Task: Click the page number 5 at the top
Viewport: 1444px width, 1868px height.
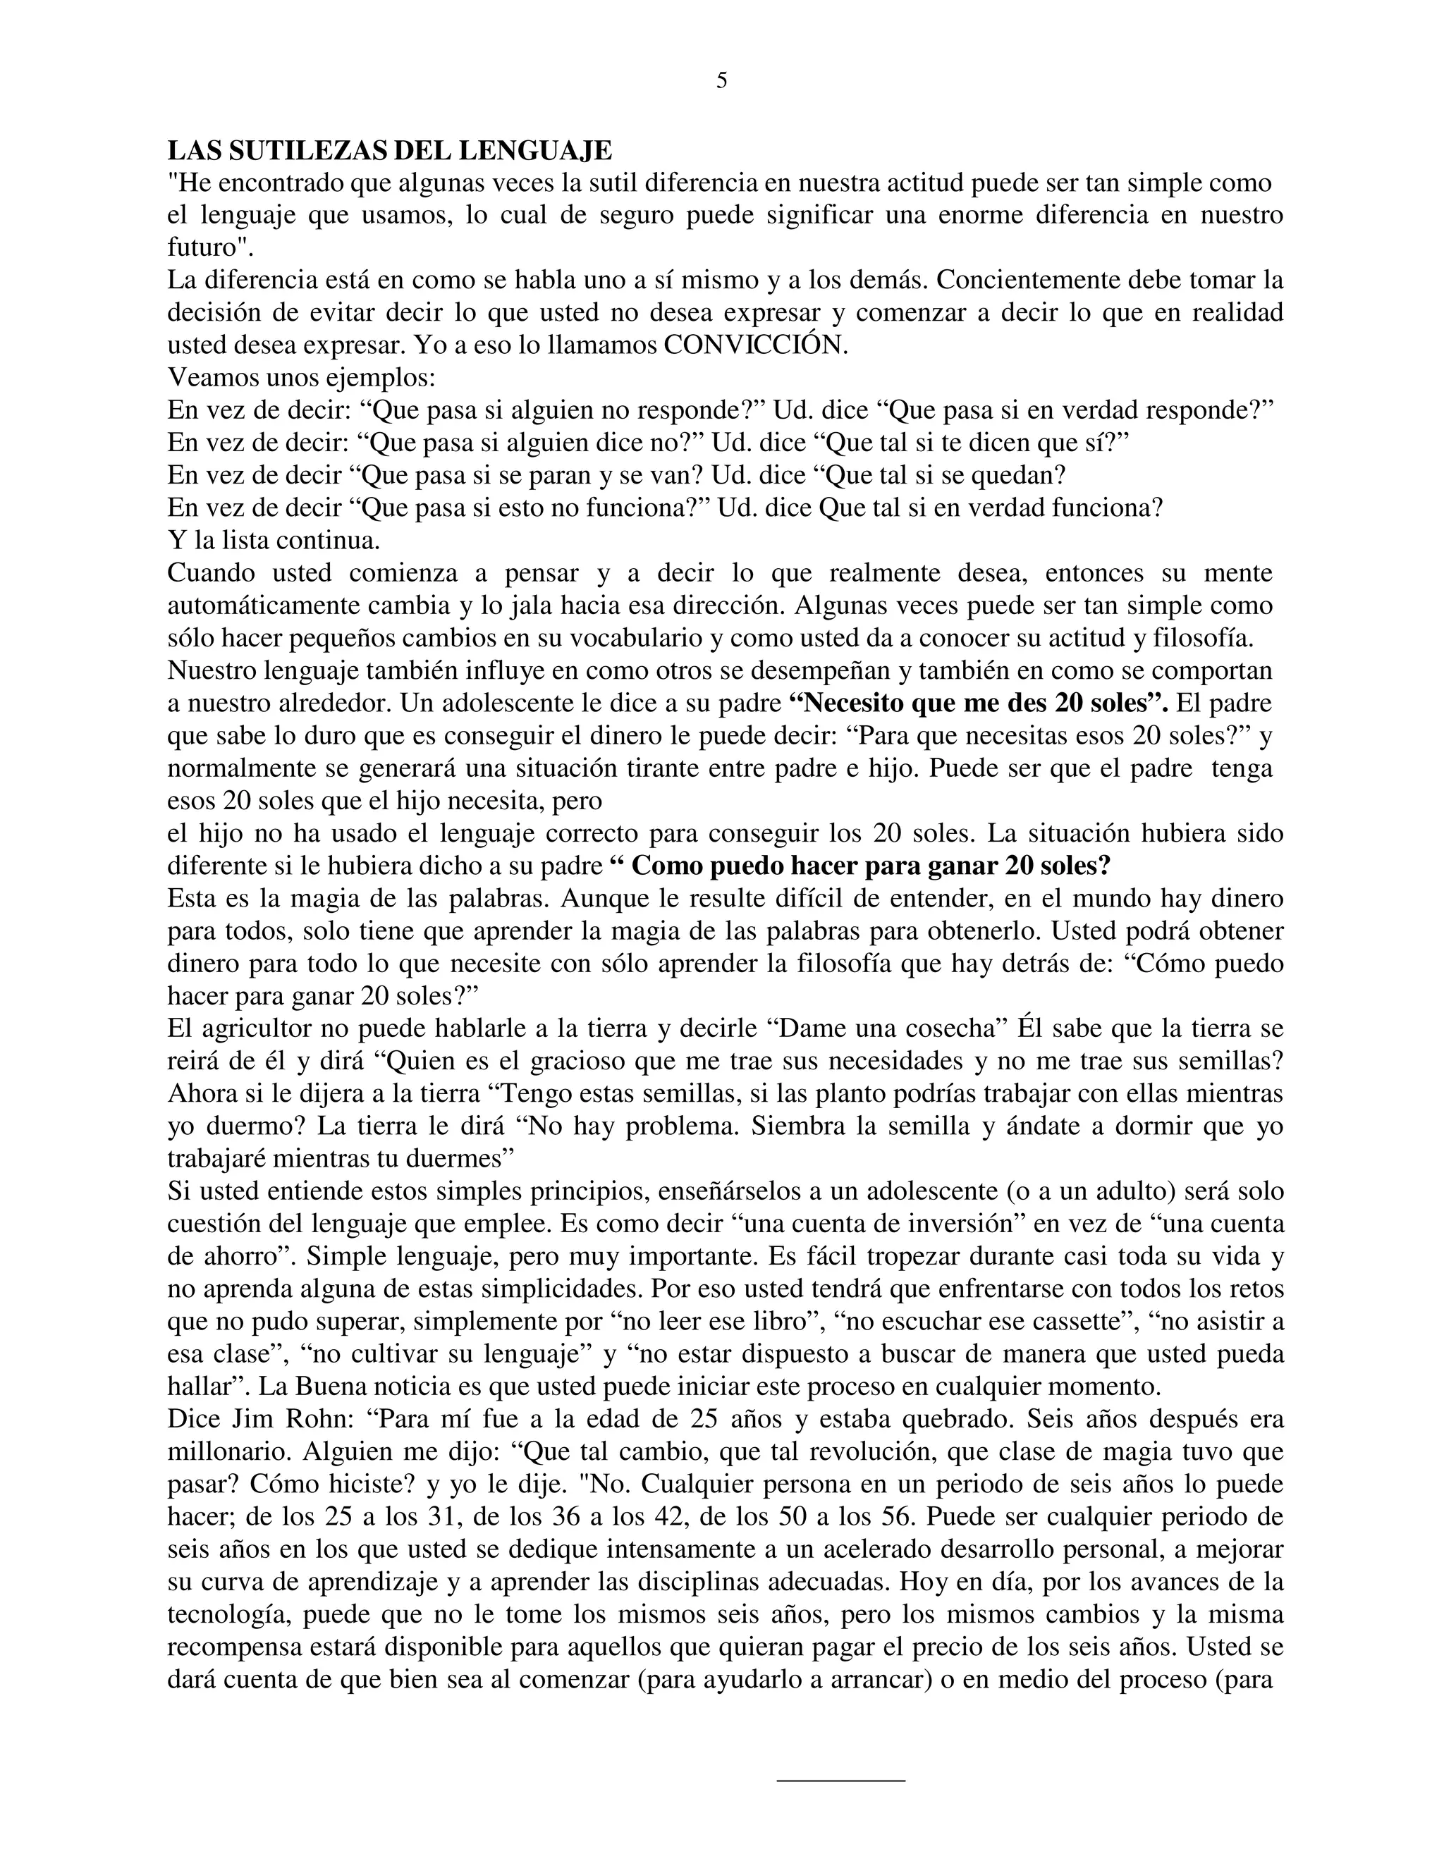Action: [721, 81]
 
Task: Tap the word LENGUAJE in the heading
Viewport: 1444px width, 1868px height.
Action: [537, 151]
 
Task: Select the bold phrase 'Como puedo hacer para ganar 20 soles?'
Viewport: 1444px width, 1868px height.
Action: [861, 866]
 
